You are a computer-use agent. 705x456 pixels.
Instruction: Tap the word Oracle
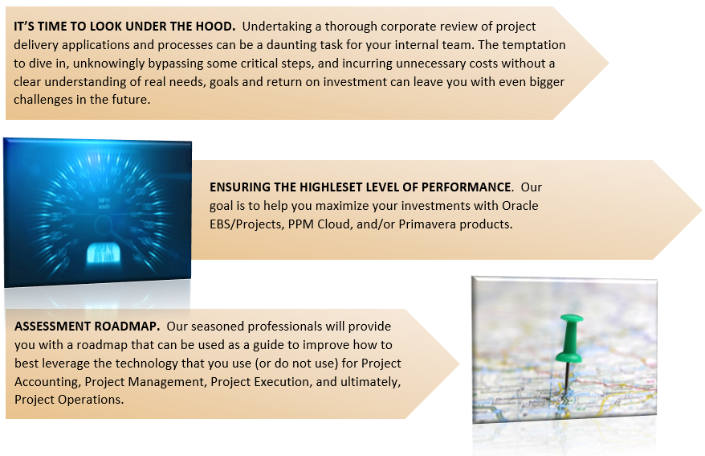click(520, 206)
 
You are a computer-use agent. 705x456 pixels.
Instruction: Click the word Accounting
click(47, 382)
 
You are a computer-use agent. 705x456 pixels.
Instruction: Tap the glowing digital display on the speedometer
click(103, 253)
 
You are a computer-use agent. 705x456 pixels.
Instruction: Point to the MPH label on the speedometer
click(104, 200)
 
